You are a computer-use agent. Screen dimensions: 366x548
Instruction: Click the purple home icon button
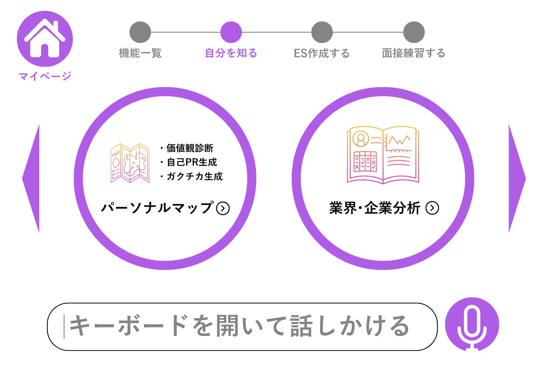[x=45, y=39]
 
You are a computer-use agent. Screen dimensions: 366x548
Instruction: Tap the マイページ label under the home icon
[x=45, y=76]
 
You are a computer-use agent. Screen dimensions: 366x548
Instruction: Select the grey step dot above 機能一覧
[x=140, y=32]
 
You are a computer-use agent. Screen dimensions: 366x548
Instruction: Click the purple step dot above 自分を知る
[x=231, y=32]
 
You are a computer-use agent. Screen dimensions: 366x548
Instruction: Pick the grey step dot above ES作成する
[x=322, y=32]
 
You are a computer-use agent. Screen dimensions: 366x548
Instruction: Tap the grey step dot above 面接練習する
[x=414, y=32]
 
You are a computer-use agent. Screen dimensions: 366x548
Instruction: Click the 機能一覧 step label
[x=140, y=53]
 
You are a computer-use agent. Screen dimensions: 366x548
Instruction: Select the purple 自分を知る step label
[x=231, y=53]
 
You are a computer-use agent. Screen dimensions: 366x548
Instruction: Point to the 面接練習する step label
[x=414, y=53]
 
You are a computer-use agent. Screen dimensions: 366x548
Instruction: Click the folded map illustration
[x=130, y=163]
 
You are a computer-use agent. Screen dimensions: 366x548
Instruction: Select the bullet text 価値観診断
[x=190, y=148]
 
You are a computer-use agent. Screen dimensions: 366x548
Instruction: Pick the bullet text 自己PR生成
[x=192, y=162]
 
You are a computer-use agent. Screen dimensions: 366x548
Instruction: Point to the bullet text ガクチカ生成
[x=194, y=176]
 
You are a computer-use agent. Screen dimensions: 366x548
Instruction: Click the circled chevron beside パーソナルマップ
[x=223, y=208]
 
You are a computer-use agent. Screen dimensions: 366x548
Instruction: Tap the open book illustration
[x=383, y=154]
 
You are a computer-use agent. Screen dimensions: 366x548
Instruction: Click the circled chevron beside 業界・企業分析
[x=432, y=208]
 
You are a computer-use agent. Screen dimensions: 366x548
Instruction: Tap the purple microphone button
[x=472, y=324]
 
